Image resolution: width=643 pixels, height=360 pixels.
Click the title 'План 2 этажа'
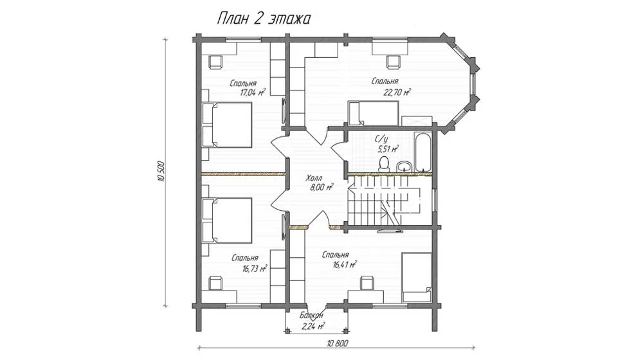(263, 19)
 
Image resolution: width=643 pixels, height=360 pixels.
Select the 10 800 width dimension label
(338, 343)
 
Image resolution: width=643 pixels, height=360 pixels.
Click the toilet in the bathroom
(384, 163)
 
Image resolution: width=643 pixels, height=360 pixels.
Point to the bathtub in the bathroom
(423, 152)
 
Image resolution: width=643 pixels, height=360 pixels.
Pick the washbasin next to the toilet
(404, 166)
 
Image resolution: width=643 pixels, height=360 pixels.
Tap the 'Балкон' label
(311, 316)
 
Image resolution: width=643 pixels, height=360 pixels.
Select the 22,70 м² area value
(397, 93)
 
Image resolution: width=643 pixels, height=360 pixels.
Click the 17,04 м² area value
(252, 93)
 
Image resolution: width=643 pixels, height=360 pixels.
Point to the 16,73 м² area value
(255, 269)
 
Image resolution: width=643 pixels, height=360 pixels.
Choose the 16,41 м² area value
(344, 265)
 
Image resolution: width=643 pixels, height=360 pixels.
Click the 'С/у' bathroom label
(381, 139)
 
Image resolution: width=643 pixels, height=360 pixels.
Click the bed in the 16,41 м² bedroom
(417, 277)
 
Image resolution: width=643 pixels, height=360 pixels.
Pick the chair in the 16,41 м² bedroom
(367, 283)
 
